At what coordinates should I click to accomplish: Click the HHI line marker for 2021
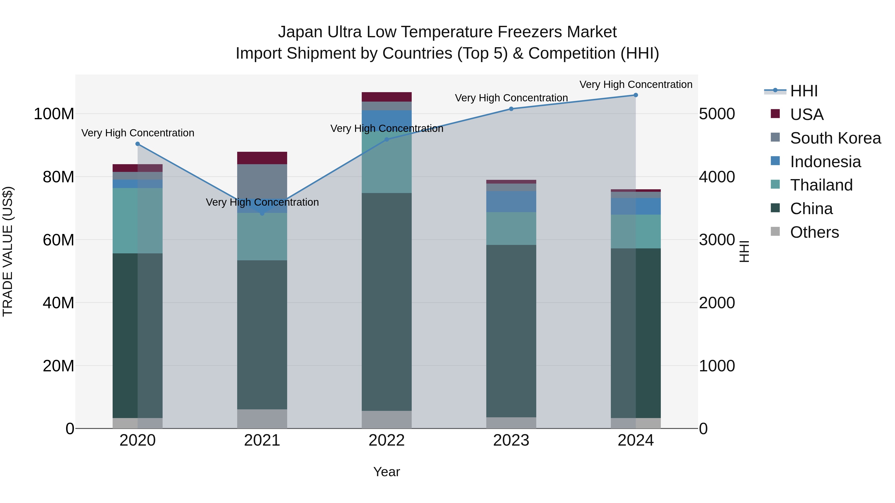[x=262, y=213]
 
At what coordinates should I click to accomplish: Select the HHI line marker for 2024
[x=635, y=95]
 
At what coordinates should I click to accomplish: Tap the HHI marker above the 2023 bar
[x=511, y=109]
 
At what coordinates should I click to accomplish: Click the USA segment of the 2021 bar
[x=262, y=158]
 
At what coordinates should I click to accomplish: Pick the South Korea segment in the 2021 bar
[x=262, y=181]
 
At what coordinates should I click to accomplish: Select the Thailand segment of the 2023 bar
[x=511, y=229]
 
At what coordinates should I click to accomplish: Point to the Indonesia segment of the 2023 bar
[x=511, y=201]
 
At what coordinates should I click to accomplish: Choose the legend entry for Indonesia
[x=825, y=162]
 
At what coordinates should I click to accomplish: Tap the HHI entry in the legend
[x=803, y=91]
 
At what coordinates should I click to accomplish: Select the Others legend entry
[x=814, y=232]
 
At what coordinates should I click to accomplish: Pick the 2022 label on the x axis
[x=386, y=440]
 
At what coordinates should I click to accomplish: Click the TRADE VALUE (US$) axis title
[x=8, y=251]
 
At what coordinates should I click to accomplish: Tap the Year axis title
[x=386, y=472]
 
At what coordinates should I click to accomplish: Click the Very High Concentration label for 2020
[x=137, y=133]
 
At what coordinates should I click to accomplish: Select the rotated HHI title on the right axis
[x=744, y=251]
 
